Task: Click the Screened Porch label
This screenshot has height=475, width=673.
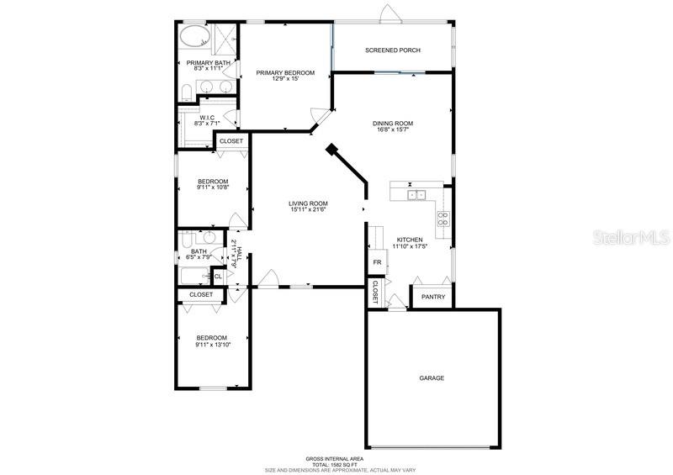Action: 392,50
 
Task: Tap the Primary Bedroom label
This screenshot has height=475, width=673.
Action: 285,73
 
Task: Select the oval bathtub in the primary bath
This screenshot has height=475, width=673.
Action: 195,38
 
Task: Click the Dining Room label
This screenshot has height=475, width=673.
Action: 393,124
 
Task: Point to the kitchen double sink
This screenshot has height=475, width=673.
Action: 416,195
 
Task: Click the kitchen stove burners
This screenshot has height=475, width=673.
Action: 442,219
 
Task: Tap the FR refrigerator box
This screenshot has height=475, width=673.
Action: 378,262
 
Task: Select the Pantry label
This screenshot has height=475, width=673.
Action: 433,297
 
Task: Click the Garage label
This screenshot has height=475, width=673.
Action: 432,378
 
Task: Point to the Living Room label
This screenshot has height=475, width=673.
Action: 308,203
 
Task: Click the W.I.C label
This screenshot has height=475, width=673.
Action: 207,118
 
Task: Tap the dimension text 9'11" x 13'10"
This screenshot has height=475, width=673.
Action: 213,345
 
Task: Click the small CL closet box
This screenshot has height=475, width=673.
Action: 218,276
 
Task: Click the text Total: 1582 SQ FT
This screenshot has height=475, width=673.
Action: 336,463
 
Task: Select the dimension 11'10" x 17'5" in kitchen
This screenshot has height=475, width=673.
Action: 410,246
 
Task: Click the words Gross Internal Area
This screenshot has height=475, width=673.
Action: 336,457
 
